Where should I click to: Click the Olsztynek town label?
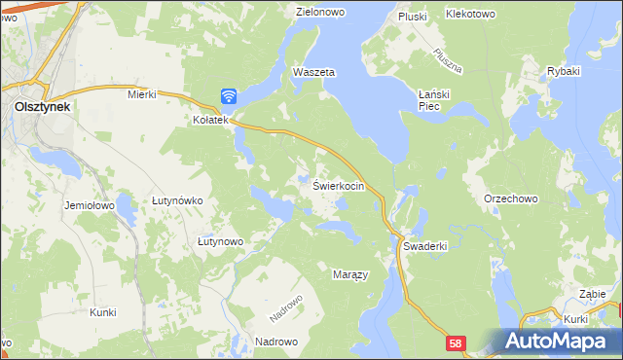pyautogui.click(x=41, y=108)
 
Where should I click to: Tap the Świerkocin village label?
pyautogui.click(x=338, y=186)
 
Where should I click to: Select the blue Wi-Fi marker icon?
pyautogui.click(x=229, y=95)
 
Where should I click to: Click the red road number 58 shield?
pyautogui.click(x=458, y=343)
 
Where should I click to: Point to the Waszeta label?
pyautogui.click(x=314, y=73)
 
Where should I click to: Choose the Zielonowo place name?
pyautogui.click(x=322, y=13)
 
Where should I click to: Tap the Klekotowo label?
pyautogui.click(x=470, y=15)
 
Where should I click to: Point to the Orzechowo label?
pyautogui.click(x=511, y=198)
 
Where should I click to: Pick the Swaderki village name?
pyautogui.click(x=424, y=247)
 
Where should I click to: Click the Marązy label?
pyautogui.click(x=350, y=275)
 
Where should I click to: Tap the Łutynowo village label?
pyautogui.click(x=219, y=241)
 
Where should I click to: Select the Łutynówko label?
pyautogui.click(x=177, y=200)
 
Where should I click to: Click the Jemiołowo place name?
pyautogui.click(x=90, y=206)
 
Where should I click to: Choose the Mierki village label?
pyautogui.click(x=142, y=94)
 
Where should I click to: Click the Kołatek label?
pyautogui.click(x=209, y=121)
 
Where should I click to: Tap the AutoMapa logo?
pyautogui.click(x=558, y=341)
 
